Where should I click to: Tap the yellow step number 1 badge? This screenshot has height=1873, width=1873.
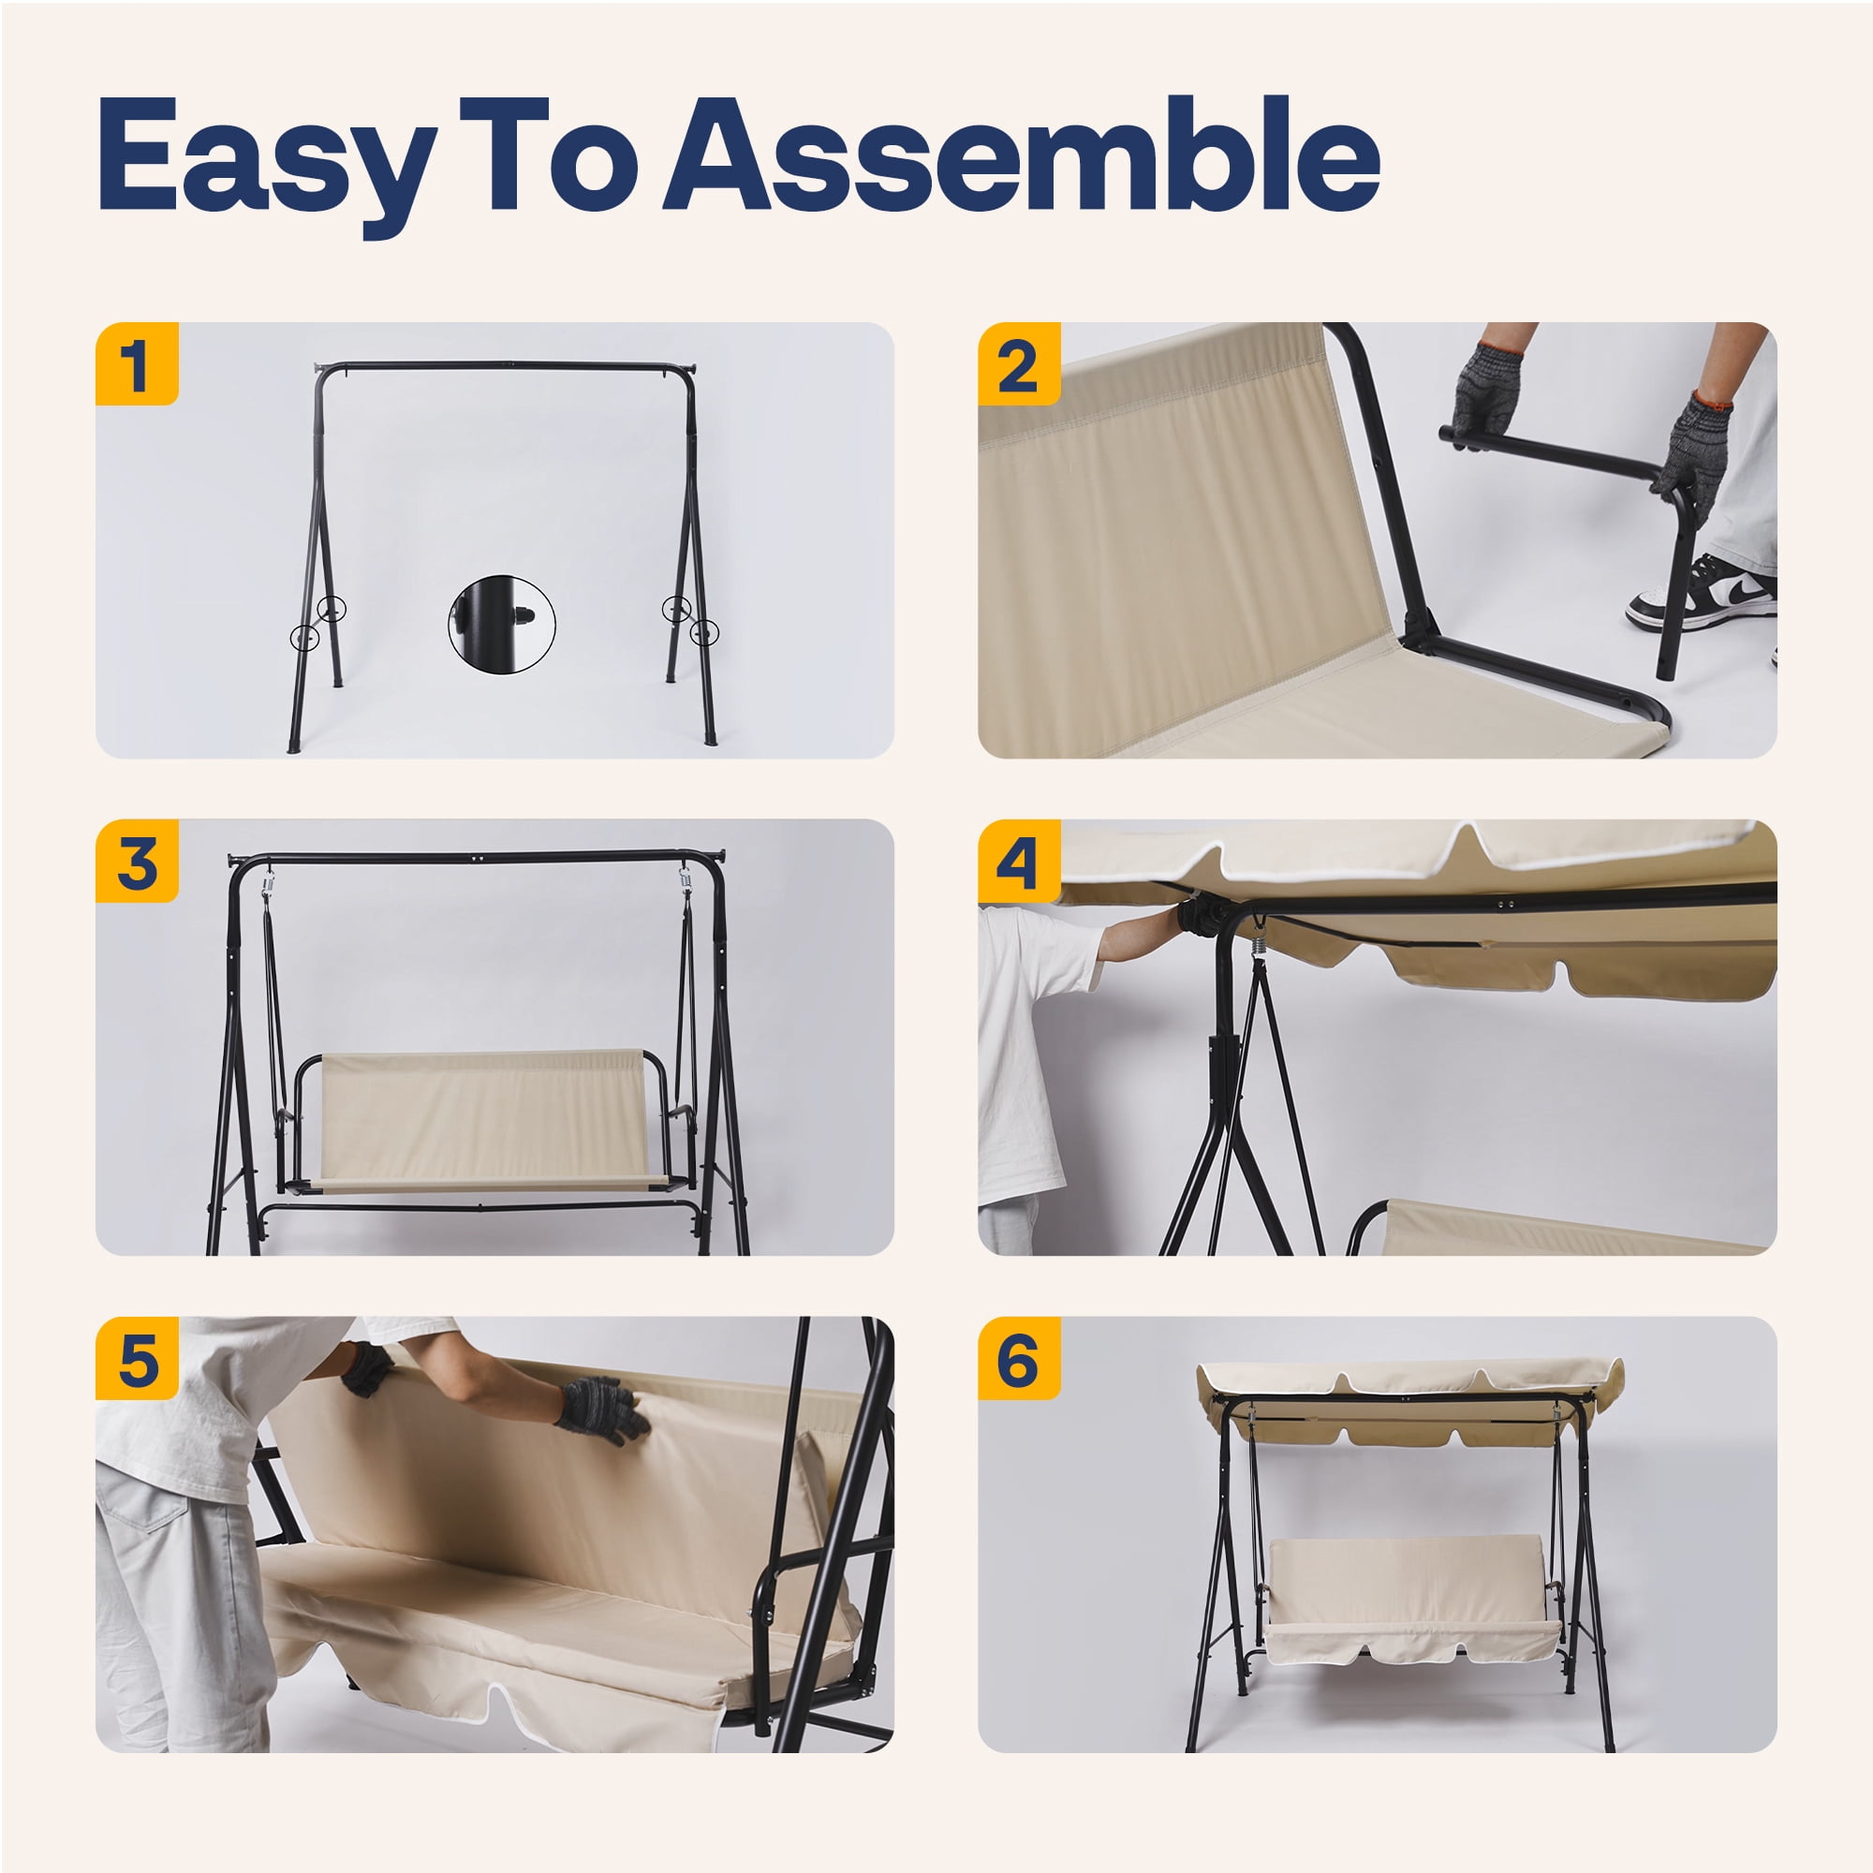click(x=137, y=363)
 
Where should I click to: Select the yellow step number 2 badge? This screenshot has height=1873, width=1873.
click(x=1019, y=363)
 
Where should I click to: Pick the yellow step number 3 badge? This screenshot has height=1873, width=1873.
click(x=137, y=861)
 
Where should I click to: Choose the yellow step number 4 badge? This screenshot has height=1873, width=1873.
click(x=1019, y=861)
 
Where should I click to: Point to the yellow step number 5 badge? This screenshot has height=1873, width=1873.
click(x=137, y=1358)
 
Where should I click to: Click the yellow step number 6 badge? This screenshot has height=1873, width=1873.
click(x=1019, y=1358)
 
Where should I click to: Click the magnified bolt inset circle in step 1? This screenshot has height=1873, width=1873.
click(x=501, y=625)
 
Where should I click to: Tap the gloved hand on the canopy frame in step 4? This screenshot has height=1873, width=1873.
click(x=1202, y=915)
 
